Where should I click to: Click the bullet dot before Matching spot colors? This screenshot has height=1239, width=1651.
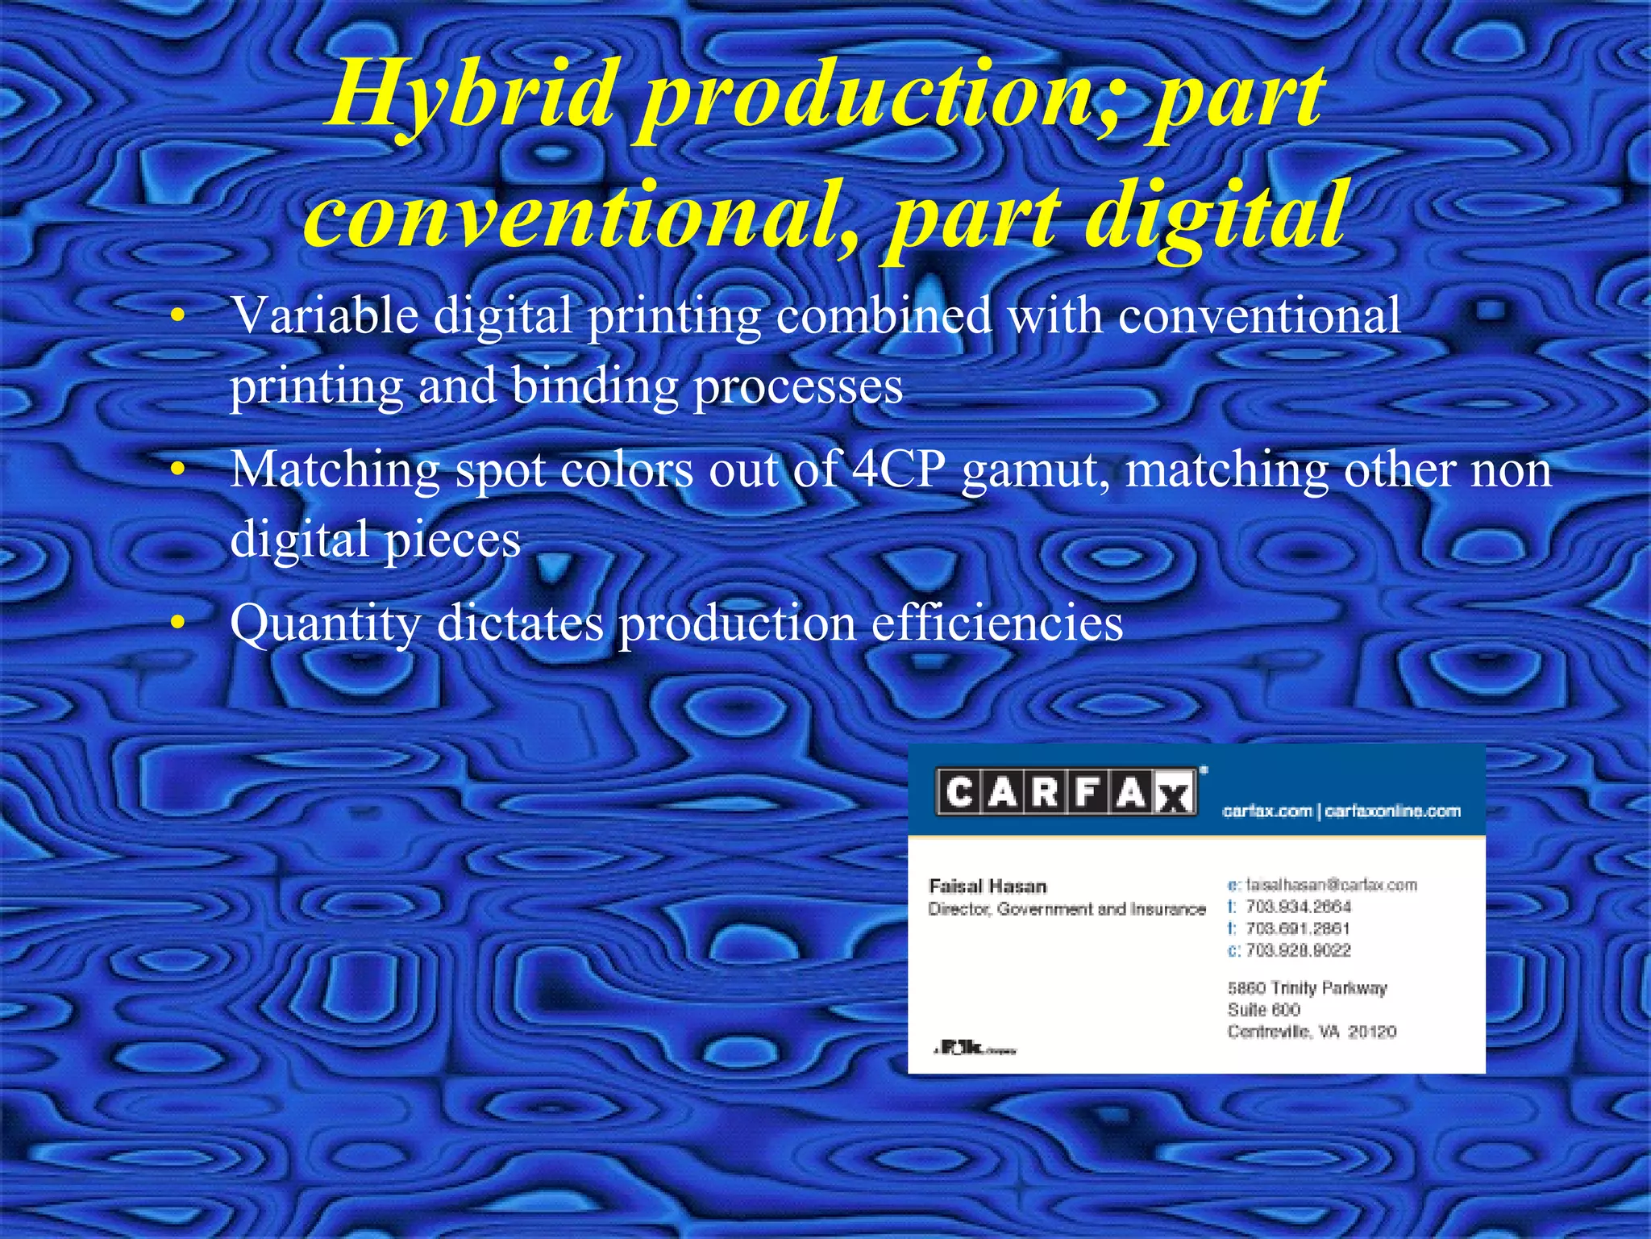[x=179, y=469]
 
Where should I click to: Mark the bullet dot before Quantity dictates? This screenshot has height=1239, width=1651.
[x=179, y=622]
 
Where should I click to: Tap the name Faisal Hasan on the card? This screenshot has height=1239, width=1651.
[x=988, y=886]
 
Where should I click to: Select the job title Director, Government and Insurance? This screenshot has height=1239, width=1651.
[x=1067, y=910]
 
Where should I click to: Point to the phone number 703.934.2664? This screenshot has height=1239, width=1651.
[x=1298, y=907]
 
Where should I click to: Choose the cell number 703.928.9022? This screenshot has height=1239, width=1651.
[x=1298, y=950]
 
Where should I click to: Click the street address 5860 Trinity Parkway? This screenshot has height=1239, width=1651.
[x=1307, y=988]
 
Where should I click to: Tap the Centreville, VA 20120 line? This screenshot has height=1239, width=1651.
[x=1312, y=1032]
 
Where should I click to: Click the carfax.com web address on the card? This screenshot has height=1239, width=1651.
[x=1266, y=811]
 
